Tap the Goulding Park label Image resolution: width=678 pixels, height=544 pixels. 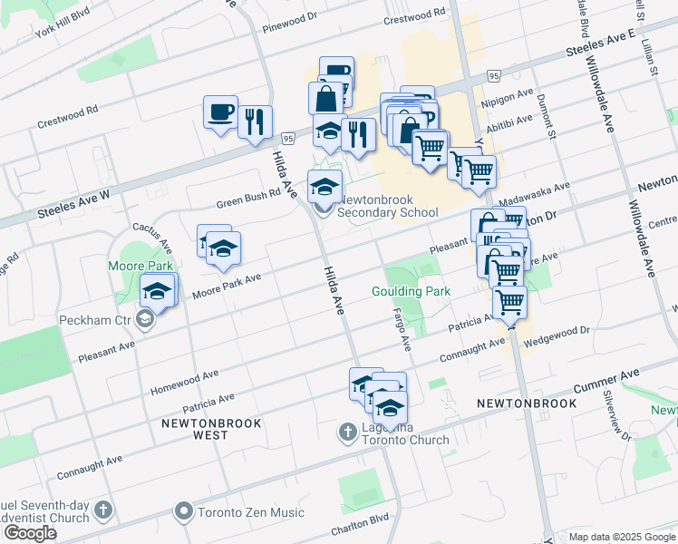(x=411, y=291)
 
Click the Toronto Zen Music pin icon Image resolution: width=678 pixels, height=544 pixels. (x=185, y=512)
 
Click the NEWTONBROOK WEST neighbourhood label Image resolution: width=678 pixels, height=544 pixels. (x=211, y=429)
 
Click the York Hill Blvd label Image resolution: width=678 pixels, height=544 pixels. (x=63, y=29)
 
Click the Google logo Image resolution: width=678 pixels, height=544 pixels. (x=30, y=533)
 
